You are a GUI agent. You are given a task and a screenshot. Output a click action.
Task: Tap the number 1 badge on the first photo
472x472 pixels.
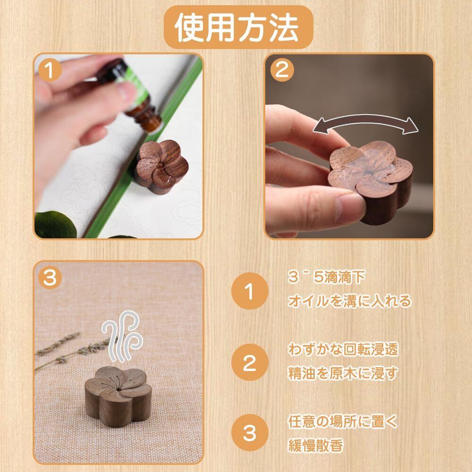coord(50,71)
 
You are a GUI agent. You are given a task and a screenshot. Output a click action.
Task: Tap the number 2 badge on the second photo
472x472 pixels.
coord(282,70)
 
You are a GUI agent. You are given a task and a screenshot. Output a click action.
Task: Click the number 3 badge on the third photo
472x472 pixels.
coord(50,278)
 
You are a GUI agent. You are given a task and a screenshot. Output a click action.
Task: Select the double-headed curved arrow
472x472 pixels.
coord(365,118)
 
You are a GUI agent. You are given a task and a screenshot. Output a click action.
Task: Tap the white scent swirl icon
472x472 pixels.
coord(122,336)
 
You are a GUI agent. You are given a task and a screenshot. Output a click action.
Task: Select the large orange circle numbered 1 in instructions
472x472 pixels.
coord(250,291)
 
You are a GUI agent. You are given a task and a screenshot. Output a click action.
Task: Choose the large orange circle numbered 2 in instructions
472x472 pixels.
coord(250,362)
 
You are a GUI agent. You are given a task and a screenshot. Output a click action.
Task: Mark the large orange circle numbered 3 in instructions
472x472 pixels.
coord(250,433)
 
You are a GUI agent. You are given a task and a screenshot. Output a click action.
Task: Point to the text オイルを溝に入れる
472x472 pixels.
coord(349,301)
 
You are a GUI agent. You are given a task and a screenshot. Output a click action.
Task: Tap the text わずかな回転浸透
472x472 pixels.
coord(343,349)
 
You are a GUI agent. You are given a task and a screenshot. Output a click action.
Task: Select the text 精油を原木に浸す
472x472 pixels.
coord(343,373)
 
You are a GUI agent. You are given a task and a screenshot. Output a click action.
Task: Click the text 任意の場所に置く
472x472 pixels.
coord(343,421)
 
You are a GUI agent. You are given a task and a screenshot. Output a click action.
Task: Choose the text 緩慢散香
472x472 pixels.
coord(315,445)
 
